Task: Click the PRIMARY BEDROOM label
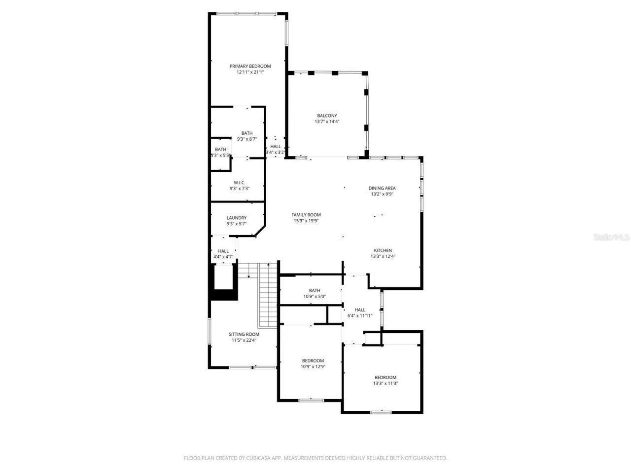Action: click(250, 66)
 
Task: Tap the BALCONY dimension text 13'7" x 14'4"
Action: click(327, 121)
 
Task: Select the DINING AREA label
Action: click(382, 188)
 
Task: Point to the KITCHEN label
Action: click(383, 250)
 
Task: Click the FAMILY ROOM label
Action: click(306, 215)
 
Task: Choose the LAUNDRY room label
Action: click(237, 218)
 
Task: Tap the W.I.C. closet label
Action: click(240, 182)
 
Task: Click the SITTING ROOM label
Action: click(244, 334)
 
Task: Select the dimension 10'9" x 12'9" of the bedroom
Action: click(313, 366)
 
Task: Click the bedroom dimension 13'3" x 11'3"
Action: click(385, 383)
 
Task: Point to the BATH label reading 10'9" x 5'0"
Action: click(315, 290)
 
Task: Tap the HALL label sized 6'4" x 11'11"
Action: click(360, 310)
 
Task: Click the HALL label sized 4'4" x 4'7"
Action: click(223, 251)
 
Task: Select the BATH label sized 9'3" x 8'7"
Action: click(247, 133)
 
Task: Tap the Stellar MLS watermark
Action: click(611, 237)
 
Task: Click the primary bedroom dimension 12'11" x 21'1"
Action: click(250, 72)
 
